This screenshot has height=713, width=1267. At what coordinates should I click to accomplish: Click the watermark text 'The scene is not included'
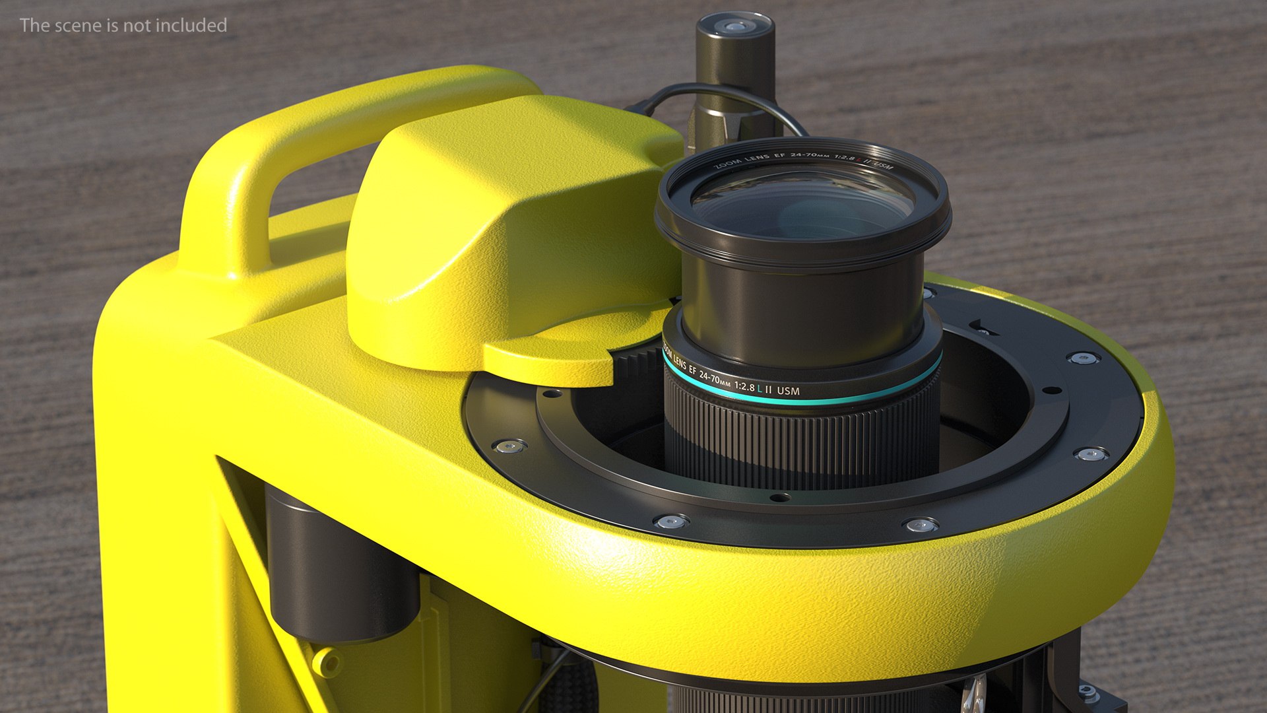123,25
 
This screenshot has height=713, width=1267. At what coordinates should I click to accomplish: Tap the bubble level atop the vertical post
734,27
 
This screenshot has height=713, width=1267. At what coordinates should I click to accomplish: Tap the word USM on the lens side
788,391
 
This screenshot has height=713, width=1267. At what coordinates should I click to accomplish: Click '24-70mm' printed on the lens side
715,380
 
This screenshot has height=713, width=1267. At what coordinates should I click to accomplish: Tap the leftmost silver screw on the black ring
508,447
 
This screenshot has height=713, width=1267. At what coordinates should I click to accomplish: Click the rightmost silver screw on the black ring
1090,454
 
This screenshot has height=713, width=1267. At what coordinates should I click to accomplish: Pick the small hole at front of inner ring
779,497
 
